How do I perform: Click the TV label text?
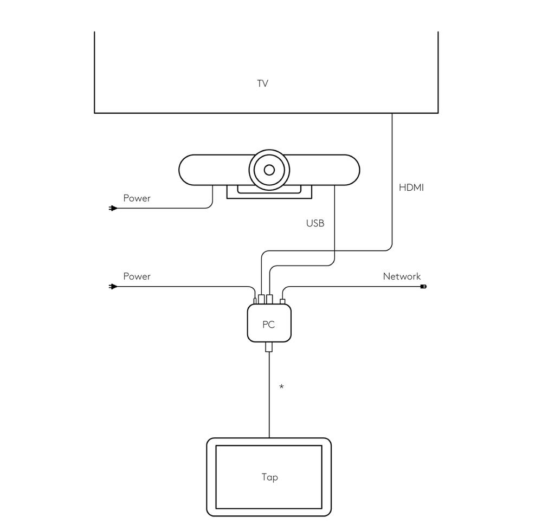tap(263, 83)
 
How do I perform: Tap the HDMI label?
tap(411, 188)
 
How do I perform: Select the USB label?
tap(315, 223)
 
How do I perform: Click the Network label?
tap(402, 276)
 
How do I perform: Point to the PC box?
tap(269, 324)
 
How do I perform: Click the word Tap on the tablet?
tap(269, 477)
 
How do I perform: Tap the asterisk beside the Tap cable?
tap(281, 386)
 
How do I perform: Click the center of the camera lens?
tap(269, 170)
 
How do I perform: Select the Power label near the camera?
tap(137, 198)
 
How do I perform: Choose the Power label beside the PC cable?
tap(137, 276)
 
